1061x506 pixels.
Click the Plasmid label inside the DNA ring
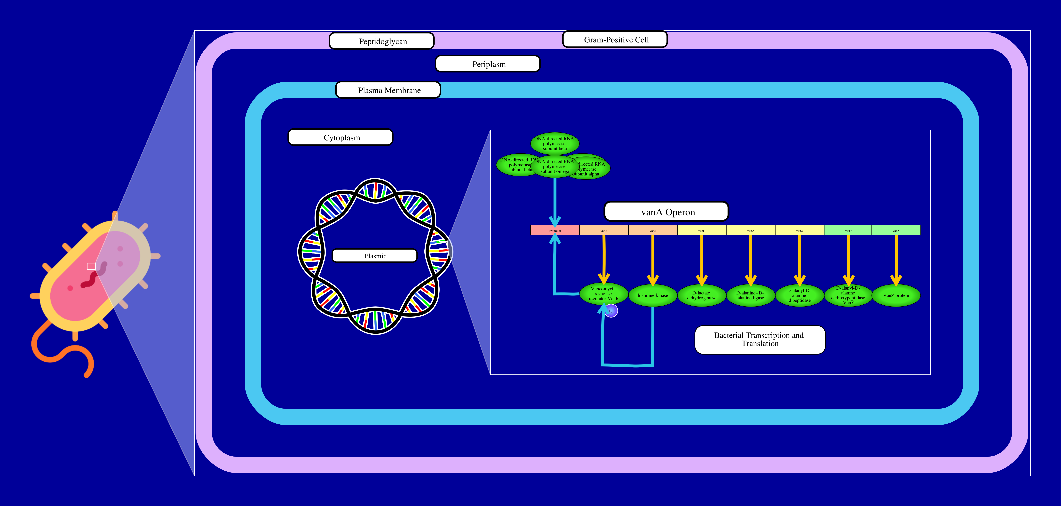[375, 256]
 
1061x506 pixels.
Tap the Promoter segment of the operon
[555, 231]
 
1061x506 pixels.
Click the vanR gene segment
[604, 231]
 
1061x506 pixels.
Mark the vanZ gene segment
[896, 231]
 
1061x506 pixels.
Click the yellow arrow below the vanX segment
[800, 259]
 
